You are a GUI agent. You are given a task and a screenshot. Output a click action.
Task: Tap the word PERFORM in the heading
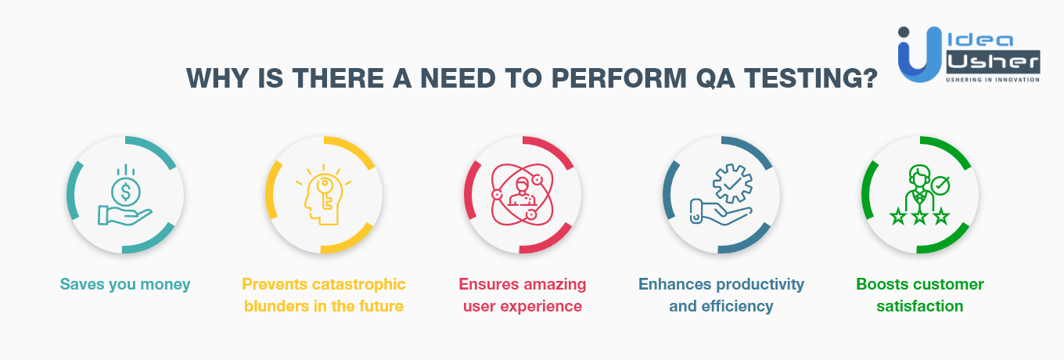tap(619, 78)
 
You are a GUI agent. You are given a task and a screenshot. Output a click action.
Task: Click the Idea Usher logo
tap(969, 54)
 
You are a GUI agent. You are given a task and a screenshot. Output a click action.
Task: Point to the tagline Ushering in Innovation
tap(993, 80)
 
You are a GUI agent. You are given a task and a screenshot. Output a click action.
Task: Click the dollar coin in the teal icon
tap(125, 192)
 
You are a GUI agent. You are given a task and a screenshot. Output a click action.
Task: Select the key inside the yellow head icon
tap(325, 193)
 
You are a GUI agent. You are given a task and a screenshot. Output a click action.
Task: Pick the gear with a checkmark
tap(732, 184)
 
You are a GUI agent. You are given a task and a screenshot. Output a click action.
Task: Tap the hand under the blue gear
tap(721, 212)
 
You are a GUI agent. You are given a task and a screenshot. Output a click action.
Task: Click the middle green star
tap(919, 217)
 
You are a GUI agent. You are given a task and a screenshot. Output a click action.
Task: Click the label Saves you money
tap(125, 285)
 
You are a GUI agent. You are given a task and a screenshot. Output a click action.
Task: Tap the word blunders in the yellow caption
tap(276, 306)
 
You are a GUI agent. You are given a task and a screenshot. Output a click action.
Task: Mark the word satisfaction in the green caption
tap(919, 306)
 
